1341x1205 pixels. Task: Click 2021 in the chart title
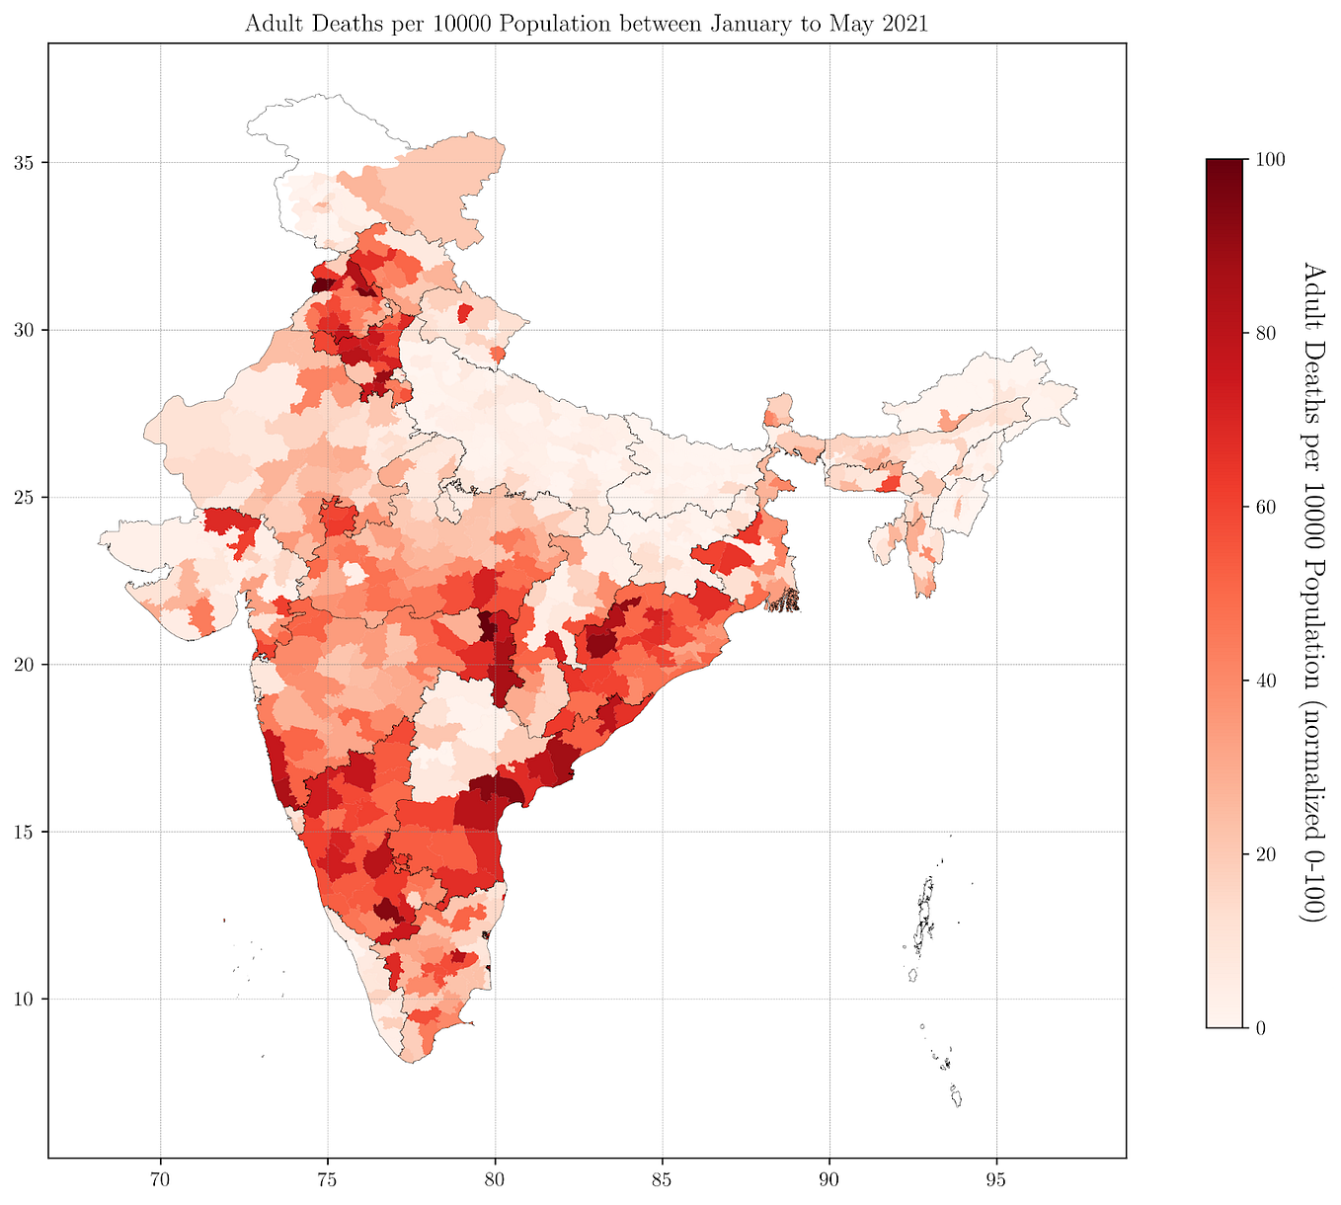903,25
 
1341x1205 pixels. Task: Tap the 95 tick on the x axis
996,1178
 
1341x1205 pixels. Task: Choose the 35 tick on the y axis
25,162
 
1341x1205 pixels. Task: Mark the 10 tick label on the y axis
25,999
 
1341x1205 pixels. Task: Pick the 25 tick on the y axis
25,497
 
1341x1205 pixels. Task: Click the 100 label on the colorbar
1268,159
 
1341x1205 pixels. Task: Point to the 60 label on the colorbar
1264,507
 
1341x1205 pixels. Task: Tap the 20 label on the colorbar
1264,854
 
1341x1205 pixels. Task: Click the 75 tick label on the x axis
328,1178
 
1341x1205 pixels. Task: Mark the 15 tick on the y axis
25,832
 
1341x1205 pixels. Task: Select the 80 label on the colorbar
1264,333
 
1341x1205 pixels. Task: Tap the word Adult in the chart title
271,25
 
